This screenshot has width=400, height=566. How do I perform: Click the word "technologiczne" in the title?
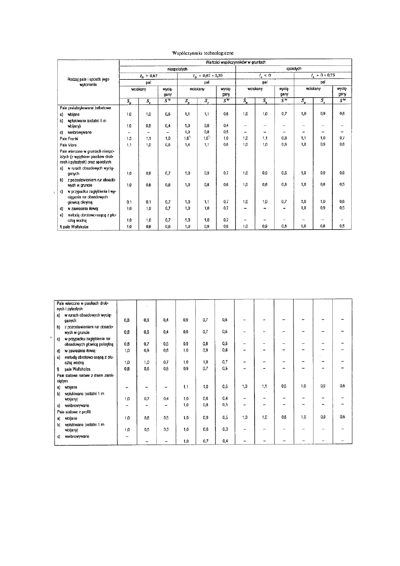(215, 53)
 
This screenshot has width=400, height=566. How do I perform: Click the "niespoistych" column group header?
(177, 69)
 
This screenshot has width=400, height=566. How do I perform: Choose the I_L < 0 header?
(264, 76)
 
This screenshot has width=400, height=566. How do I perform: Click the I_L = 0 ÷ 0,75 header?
(323, 76)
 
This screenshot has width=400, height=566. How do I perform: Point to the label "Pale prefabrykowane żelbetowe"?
(83, 108)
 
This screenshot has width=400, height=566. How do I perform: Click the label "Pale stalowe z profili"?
(76, 410)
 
